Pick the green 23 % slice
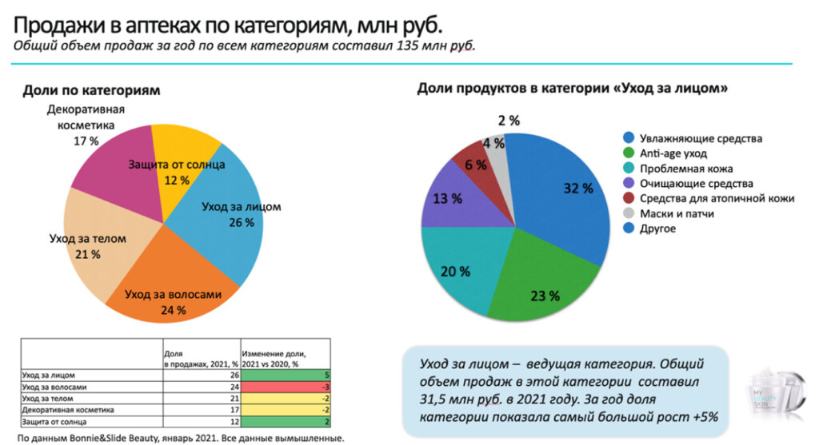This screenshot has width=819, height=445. [x=536, y=280]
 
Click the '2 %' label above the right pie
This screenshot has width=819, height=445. [x=509, y=121]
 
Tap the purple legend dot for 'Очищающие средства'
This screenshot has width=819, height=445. [x=629, y=184]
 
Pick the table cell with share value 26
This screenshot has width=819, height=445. [x=200, y=375]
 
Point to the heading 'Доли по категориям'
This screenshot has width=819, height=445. [x=91, y=90]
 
